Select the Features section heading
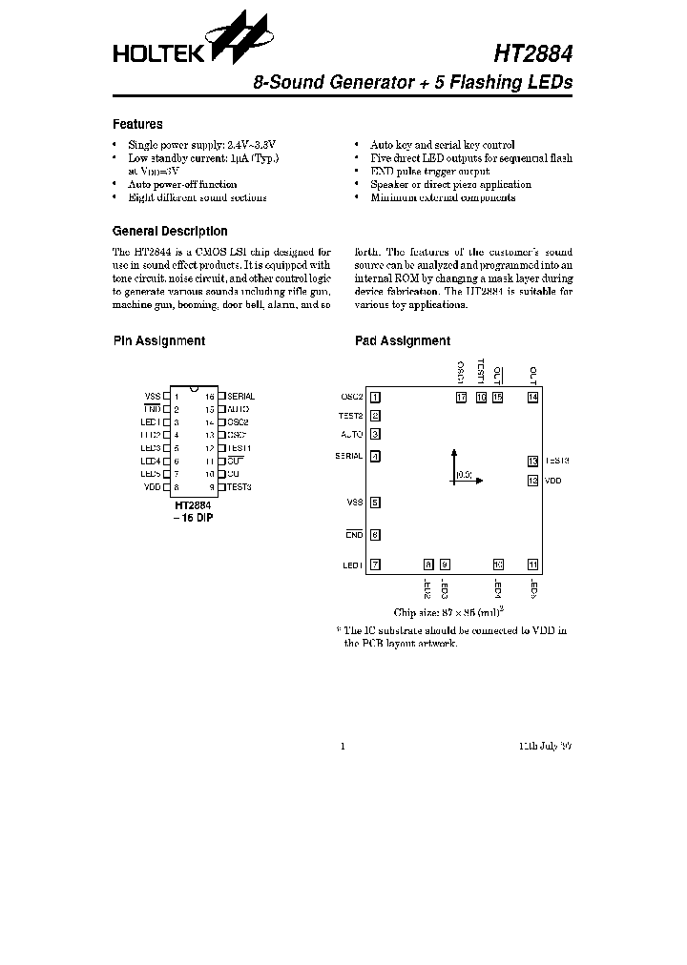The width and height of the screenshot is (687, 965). (137, 124)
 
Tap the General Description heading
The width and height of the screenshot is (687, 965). (170, 231)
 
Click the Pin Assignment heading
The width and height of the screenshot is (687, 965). (158, 340)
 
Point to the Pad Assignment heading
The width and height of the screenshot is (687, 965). (402, 340)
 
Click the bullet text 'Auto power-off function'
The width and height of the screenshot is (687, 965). (182, 184)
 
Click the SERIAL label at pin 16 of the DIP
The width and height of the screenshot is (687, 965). (240, 396)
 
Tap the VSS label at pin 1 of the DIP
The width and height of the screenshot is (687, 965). (153, 396)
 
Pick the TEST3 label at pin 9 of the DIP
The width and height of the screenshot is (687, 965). (239, 487)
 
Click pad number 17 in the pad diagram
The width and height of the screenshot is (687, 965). (462, 397)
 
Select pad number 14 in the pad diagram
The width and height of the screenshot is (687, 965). (532, 397)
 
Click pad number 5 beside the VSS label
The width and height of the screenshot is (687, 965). (375, 503)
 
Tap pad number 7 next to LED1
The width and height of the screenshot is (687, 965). (375, 565)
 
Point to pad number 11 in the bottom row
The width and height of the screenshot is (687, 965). (532, 565)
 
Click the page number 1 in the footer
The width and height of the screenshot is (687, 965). (343, 746)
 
